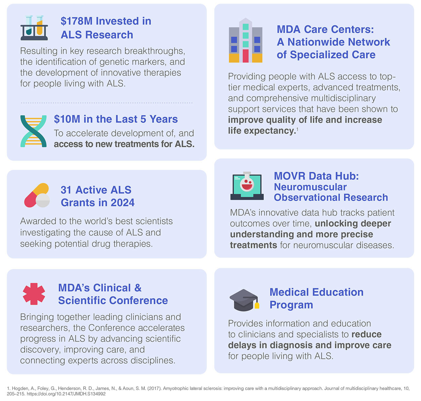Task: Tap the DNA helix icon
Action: click(33, 131)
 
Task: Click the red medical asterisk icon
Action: click(34, 294)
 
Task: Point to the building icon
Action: click(245, 41)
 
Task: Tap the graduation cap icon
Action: click(245, 300)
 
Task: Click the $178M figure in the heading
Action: click(76, 21)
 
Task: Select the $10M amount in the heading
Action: click(67, 119)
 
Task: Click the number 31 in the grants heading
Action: click(66, 190)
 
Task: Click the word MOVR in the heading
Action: click(289, 176)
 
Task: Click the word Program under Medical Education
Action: click(291, 305)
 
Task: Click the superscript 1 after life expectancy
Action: click(297, 129)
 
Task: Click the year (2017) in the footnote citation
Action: click(154, 388)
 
